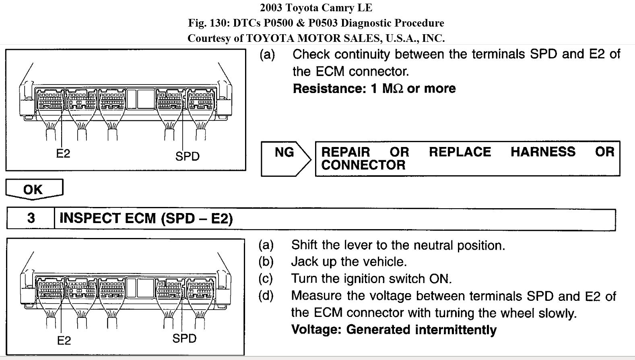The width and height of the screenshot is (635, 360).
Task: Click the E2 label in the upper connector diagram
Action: point(63,153)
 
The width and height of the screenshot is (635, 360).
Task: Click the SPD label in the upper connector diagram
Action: point(187,156)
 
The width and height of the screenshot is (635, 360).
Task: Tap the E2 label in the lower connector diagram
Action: point(64,341)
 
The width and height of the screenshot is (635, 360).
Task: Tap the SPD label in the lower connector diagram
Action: point(184,338)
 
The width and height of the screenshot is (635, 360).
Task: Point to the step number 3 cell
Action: point(31,218)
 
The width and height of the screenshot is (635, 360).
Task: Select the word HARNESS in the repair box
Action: point(543,152)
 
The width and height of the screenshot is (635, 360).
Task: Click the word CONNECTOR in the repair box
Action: point(363,165)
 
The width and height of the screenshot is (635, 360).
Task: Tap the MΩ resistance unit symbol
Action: point(392,89)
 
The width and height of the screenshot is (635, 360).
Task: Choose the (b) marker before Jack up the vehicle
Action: point(266,262)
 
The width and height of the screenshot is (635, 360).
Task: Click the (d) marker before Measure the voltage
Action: point(266,296)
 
